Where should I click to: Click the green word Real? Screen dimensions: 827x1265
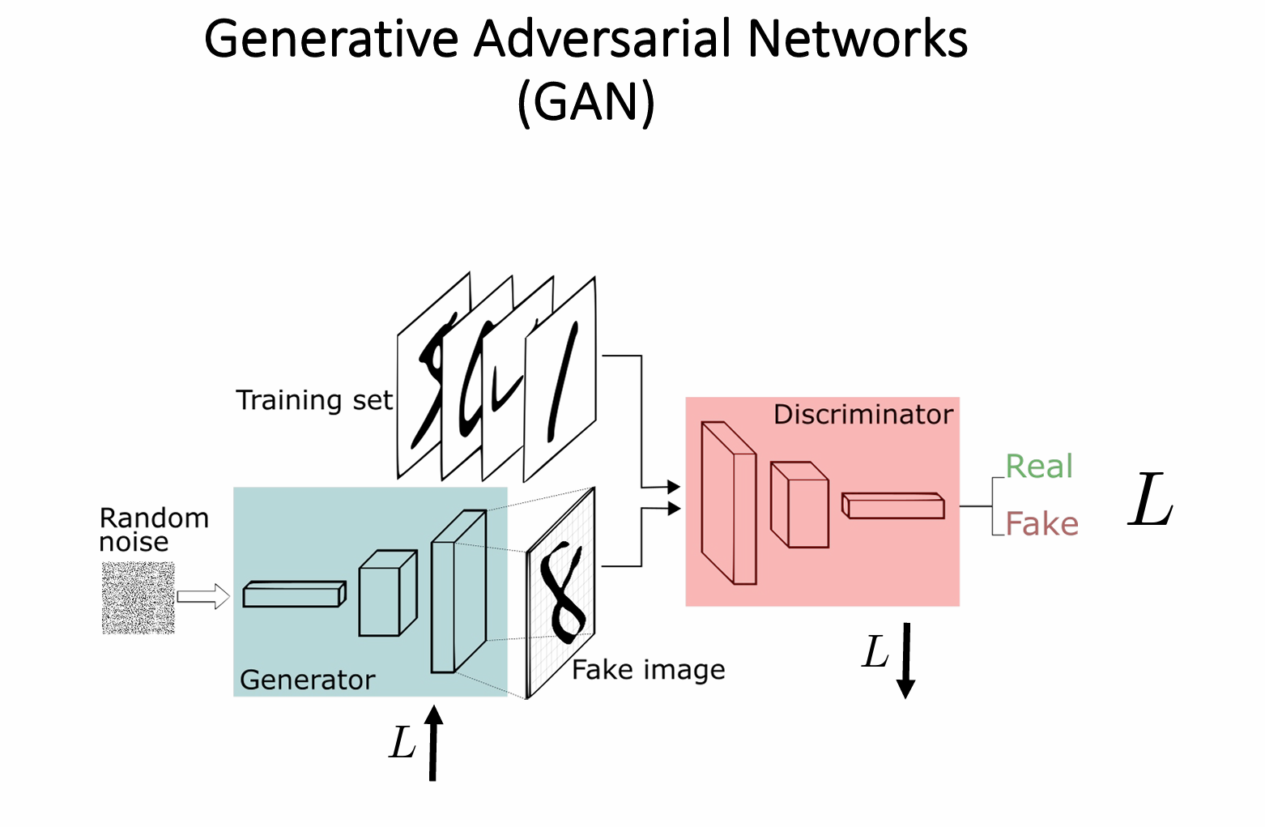pyautogui.click(x=1039, y=467)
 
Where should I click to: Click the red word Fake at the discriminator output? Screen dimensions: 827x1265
pyautogui.click(x=1041, y=524)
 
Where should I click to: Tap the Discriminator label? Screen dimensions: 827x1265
pyautogui.click(x=863, y=415)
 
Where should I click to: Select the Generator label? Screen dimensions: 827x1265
pyautogui.click(x=308, y=680)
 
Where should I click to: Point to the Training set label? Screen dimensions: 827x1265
pyautogui.click(x=314, y=400)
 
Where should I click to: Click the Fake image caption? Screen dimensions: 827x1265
pyautogui.click(x=649, y=670)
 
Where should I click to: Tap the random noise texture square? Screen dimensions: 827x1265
pyautogui.click(x=138, y=598)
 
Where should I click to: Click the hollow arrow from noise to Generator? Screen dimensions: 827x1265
pyautogui.click(x=203, y=597)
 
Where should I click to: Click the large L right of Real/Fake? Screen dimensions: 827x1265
pyautogui.click(x=1151, y=501)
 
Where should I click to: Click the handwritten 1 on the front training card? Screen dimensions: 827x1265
pyautogui.click(x=564, y=381)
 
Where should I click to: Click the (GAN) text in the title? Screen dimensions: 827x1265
pyautogui.click(x=586, y=103)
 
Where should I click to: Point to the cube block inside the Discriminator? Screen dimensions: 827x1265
pyautogui.click(x=799, y=505)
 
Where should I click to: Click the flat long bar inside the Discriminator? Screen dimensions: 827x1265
pyautogui.click(x=892, y=505)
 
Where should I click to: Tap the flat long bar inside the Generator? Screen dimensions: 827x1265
pyautogui.click(x=294, y=594)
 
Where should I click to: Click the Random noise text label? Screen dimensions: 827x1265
pyautogui.click(x=154, y=529)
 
